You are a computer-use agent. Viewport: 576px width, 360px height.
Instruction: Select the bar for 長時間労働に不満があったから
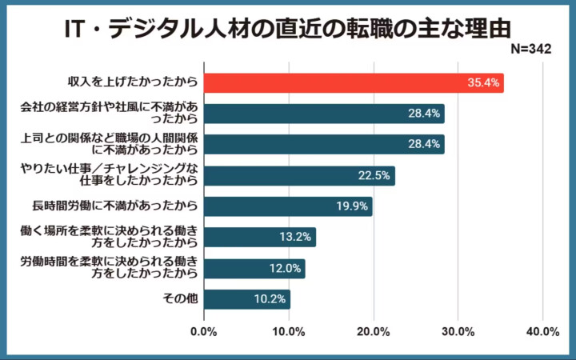pyautogui.click(x=288, y=206)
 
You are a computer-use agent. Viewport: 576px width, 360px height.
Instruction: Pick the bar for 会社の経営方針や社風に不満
pyautogui.click(x=324, y=114)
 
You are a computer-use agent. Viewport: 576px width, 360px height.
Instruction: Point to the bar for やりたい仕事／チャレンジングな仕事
pyautogui.click(x=299, y=176)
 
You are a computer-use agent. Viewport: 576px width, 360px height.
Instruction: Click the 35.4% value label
pyautogui.click(x=484, y=82)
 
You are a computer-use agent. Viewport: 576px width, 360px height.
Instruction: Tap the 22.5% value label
pyautogui.click(x=374, y=176)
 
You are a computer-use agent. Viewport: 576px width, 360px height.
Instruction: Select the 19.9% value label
pyautogui.click(x=352, y=206)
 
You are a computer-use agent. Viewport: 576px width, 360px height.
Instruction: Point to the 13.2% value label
pyautogui.click(x=296, y=238)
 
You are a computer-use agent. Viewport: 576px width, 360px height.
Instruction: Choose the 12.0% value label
pyautogui.click(x=285, y=268)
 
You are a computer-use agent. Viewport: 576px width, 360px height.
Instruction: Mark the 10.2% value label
pyautogui.click(x=270, y=299)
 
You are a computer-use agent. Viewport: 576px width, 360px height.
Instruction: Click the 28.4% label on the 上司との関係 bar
pyautogui.click(x=424, y=145)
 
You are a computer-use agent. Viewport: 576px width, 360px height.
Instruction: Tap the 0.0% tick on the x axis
pyautogui.click(x=204, y=332)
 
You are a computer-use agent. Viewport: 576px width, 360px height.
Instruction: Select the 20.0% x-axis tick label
pyautogui.click(x=374, y=332)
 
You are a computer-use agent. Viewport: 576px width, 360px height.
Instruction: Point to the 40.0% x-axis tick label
pyautogui.click(x=543, y=332)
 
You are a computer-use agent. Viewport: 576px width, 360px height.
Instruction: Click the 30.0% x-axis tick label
pyautogui.click(x=458, y=332)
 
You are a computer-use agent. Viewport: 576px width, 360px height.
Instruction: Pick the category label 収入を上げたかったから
pyautogui.click(x=133, y=82)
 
